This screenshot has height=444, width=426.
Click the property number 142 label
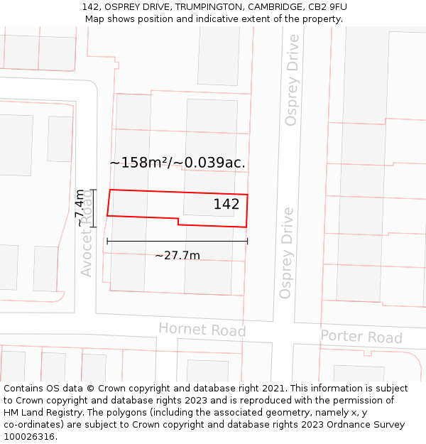226,204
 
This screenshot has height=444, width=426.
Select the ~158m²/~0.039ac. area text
177,163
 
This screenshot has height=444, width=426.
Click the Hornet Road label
202,330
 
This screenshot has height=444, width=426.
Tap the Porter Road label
361,336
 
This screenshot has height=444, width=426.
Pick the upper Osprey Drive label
292,80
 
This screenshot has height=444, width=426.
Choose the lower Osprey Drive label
287,253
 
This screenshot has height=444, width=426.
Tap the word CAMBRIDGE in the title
272,7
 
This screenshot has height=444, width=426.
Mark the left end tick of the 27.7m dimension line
107,242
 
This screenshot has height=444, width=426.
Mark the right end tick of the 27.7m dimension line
247,242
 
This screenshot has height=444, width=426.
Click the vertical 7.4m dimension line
93,208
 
